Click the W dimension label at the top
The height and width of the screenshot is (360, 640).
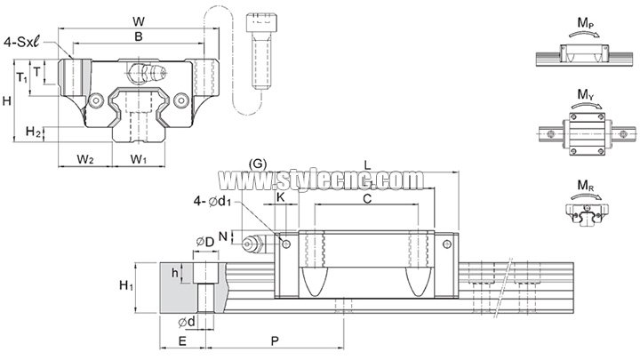139,21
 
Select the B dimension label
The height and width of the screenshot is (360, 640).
139,36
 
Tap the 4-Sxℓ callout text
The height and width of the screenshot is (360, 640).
22,42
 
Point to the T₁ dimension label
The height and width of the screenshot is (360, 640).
21,76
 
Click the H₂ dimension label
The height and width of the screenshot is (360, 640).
34,132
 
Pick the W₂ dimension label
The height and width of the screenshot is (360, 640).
85,159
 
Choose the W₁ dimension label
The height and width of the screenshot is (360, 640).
139,159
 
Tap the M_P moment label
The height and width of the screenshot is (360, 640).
586,23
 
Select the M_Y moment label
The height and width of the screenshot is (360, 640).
586,95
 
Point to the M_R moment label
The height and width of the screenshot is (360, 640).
586,186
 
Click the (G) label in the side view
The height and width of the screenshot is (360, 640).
258,164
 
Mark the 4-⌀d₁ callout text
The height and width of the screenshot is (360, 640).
212,201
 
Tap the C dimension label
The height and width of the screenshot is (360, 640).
367,199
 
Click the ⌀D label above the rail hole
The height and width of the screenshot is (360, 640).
205,242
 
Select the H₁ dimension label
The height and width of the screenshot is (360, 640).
126,285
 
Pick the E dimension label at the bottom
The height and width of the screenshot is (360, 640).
182,340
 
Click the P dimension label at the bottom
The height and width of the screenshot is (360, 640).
275,340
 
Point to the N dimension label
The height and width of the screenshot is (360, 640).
222,236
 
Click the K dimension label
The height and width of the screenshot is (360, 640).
281,197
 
